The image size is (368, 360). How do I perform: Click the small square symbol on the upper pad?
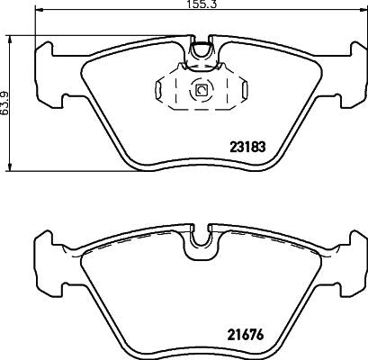point(201,90)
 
